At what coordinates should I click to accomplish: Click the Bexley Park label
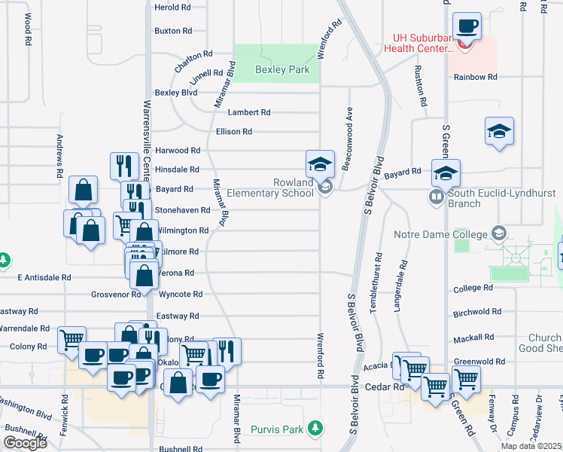coord(282,69)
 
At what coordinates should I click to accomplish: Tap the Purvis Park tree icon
coord(317,429)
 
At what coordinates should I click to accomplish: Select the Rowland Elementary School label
coord(283,188)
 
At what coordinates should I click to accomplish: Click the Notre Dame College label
coord(441,234)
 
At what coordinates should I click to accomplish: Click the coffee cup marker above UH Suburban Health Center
coord(466,26)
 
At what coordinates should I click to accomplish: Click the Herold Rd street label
coord(172,8)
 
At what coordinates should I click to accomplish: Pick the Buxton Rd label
coord(173,31)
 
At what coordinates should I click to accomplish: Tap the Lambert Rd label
coord(248,112)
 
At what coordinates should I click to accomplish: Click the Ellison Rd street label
coord(233,132)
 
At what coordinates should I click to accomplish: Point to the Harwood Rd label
coord(178,151)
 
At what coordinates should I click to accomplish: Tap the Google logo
coord(25,443)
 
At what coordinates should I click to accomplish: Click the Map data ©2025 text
coord(531,446)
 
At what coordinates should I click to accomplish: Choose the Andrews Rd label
coord(59,156)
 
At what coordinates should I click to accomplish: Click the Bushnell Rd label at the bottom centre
coord(180,449)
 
